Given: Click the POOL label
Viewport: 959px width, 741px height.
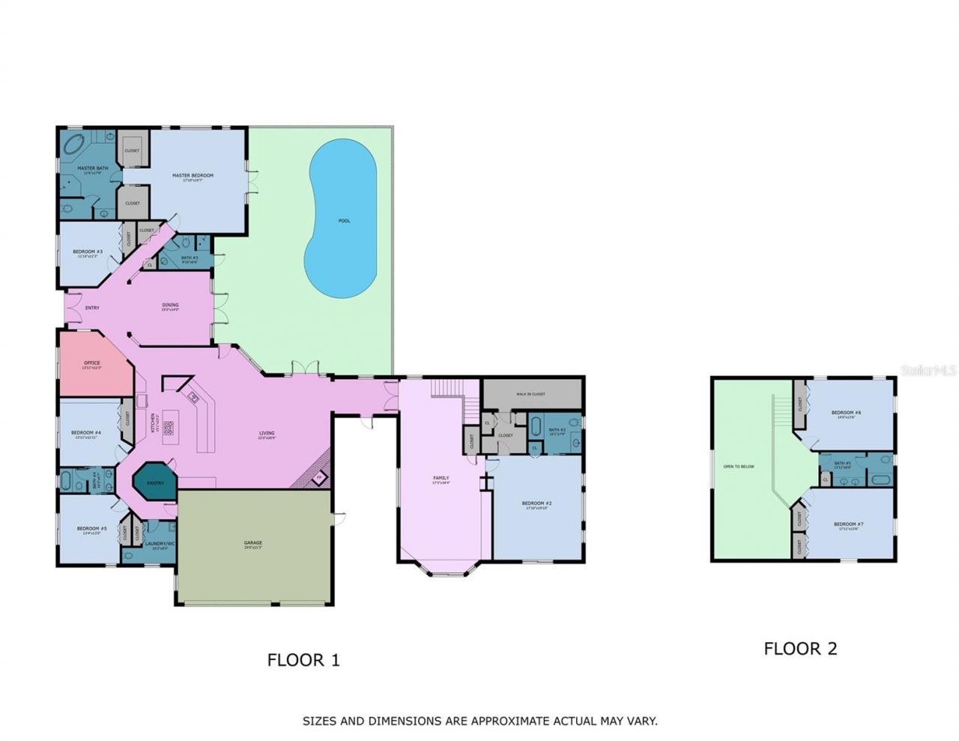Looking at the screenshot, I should click(x=344, y=221).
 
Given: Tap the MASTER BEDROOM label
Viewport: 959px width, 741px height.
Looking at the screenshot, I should click(x=193, y=176).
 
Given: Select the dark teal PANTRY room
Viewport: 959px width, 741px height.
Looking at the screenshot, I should click(x=154, y=483).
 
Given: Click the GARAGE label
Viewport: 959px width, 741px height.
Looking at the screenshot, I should click(x=252, y=543).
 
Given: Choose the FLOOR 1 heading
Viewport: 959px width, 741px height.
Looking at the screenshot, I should click(x=303, y=660).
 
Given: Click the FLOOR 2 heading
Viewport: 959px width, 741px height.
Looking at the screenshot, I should click(x=800, y=649).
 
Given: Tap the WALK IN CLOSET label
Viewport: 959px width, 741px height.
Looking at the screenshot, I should click(x=530, y=393).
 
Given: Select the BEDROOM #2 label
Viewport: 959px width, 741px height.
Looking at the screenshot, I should click(x=537, y=503).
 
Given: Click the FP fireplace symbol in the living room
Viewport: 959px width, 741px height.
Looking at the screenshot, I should click(x=318, y=477).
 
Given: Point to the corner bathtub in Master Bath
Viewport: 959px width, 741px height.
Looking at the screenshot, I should click(x=73, y=145).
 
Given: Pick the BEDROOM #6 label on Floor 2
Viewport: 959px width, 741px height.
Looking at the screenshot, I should click(x=847, y=413).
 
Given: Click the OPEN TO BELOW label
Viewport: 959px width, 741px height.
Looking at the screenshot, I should click(x=738, y=467).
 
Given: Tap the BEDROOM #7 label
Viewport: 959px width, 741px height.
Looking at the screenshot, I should click(x=848, y=524).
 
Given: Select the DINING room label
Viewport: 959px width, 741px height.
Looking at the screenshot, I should click(x=170, y=305).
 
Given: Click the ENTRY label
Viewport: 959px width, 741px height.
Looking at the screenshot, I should click(x=92, y=308).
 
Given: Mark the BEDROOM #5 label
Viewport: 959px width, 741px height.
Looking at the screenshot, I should click(x=91, y=529).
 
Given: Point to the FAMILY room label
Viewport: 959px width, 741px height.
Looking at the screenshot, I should click(x=441, y=478).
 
